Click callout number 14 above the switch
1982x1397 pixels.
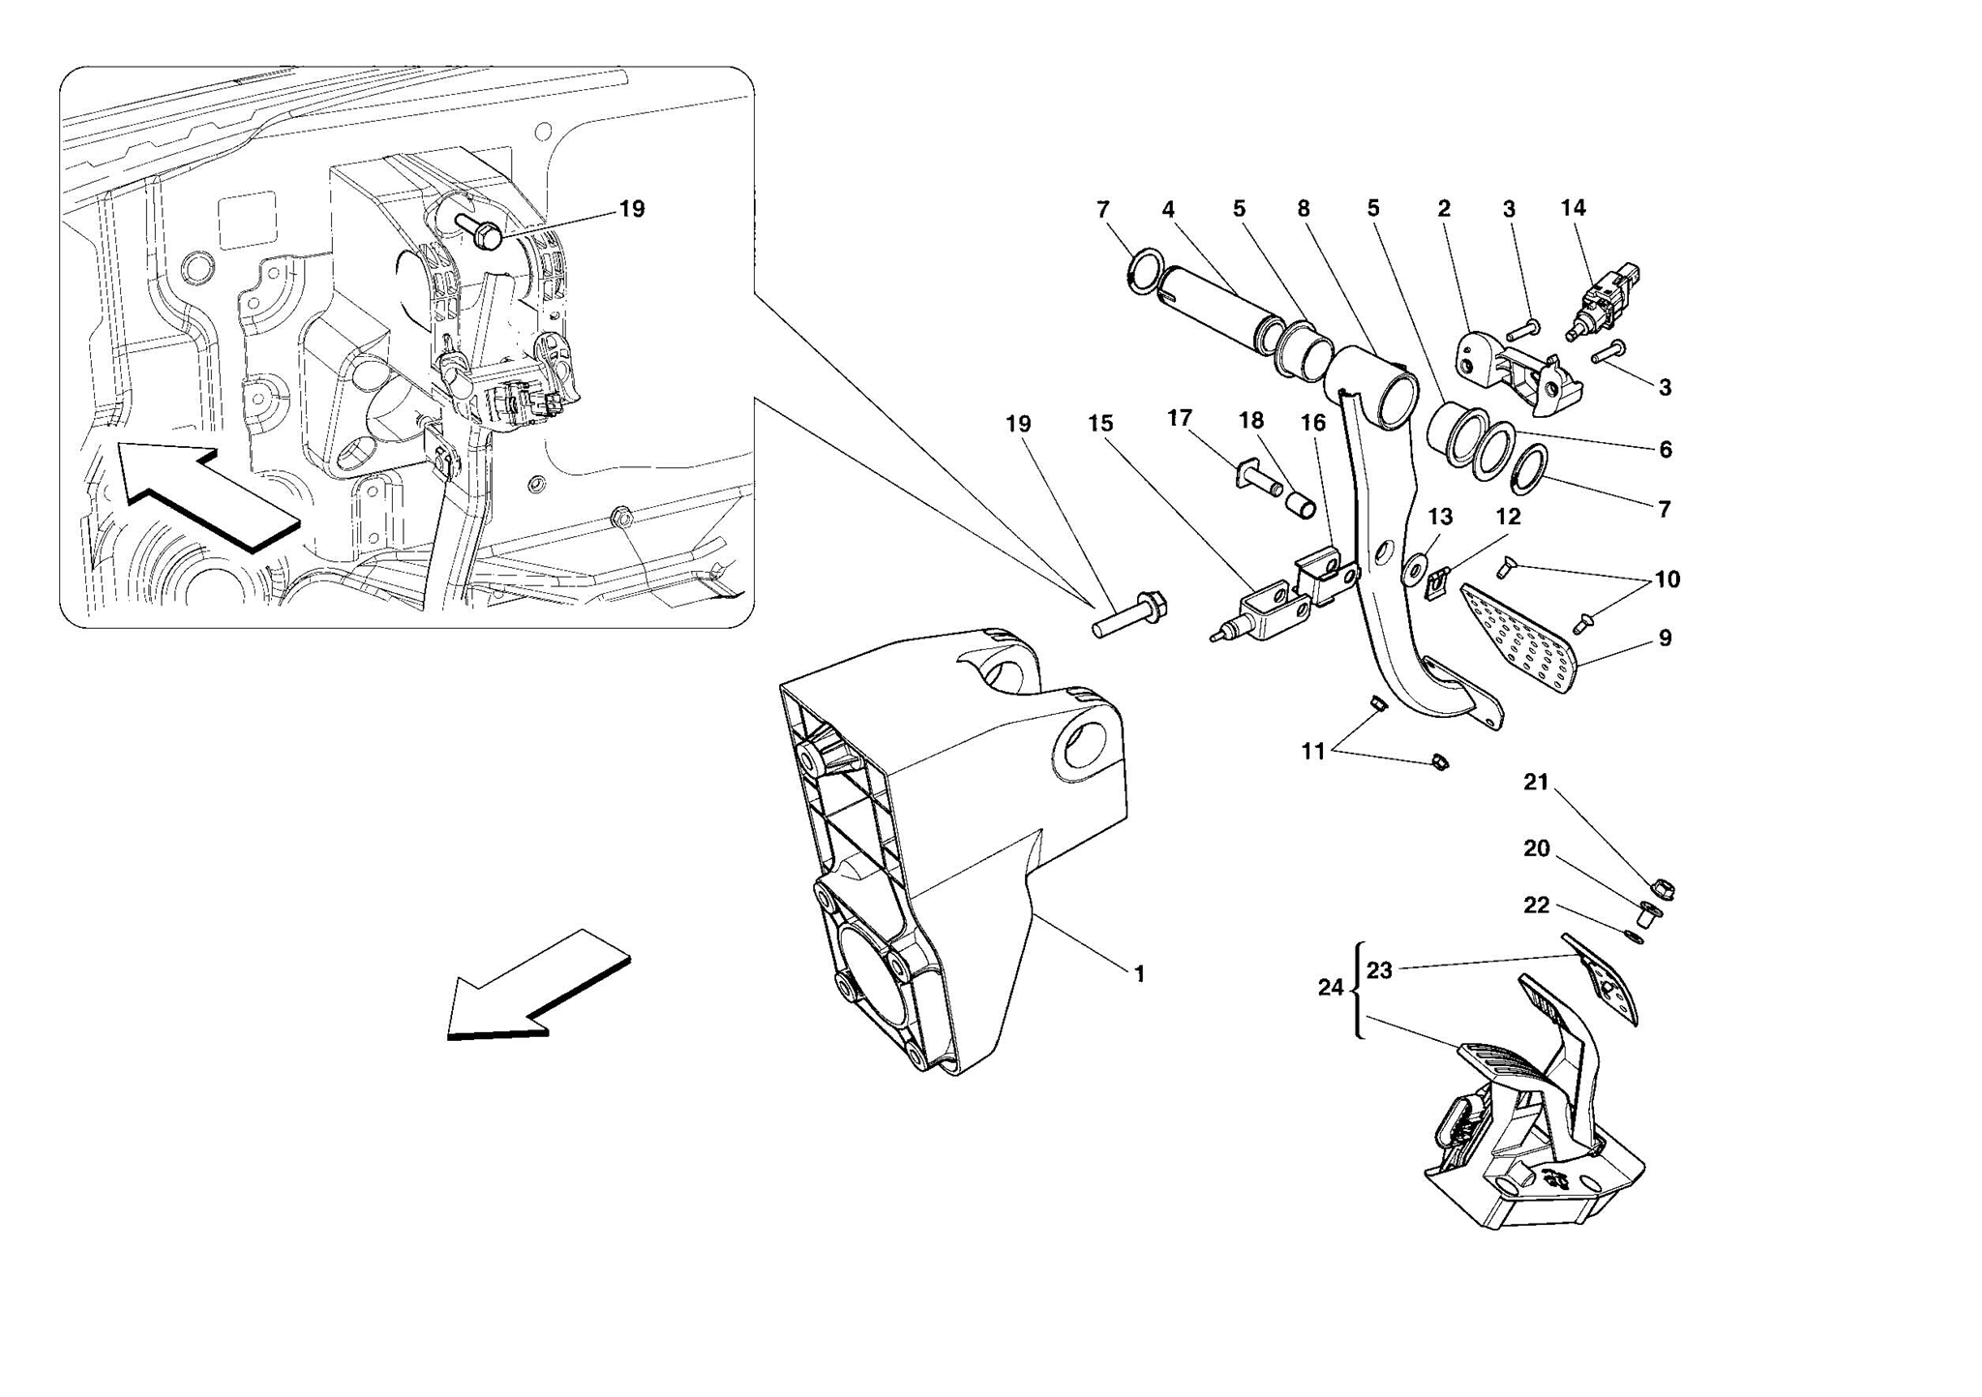(x=1573, y=207)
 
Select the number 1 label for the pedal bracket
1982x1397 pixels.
(x=1139, y=974)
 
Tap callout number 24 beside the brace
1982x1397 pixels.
(x=1331, y=988)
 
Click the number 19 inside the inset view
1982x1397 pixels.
(x=631, y=209)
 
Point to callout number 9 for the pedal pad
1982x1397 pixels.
(x=1665, y=639)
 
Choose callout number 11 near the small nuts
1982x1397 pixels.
(x=1312, y=752)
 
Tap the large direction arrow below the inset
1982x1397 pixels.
(x=537, y=988)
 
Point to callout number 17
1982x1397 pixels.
(x=1179, y=418)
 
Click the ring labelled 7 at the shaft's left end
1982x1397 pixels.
(x=1148, y=268)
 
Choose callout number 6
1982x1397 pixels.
(x=1665, y=450)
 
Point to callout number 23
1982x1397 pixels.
(x=1379, y=969)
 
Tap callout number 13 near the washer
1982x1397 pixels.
(x=1440, y=517)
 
